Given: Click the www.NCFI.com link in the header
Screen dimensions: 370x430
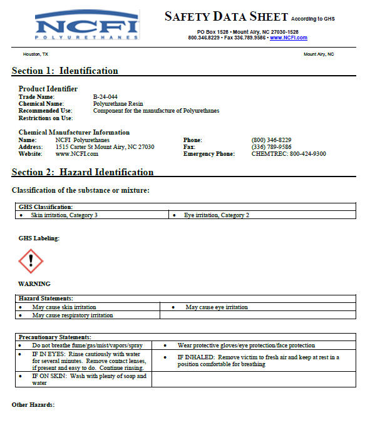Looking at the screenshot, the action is pos(289,38).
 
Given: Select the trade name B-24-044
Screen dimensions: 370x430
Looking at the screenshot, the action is pos(105,97).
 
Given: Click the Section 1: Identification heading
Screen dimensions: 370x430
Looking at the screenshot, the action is pos(65,71).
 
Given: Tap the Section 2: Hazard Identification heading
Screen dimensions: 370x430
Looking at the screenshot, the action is pos(83,172).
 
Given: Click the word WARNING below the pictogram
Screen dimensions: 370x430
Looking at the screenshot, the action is pos(34,284).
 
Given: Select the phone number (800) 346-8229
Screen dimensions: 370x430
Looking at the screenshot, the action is pos(271,140).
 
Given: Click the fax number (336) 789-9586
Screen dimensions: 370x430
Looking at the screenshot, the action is pos(271,146).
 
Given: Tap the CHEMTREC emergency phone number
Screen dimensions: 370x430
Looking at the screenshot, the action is pos(289,153).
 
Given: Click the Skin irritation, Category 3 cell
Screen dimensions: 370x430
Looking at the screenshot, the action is pos(64,215).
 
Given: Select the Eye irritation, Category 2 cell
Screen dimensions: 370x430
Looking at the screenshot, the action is pos(217,215).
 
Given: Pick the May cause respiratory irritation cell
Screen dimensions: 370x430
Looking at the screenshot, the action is pos(73,315).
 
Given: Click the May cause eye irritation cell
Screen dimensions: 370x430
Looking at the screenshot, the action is pos(217,307).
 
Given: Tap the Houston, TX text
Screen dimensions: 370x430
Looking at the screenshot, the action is pos(36,54).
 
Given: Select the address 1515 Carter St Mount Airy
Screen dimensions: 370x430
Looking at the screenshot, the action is pos(105,146).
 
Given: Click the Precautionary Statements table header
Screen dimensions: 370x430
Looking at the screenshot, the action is pos(55,337).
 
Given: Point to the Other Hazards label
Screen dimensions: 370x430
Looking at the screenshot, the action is pos(33,405).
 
